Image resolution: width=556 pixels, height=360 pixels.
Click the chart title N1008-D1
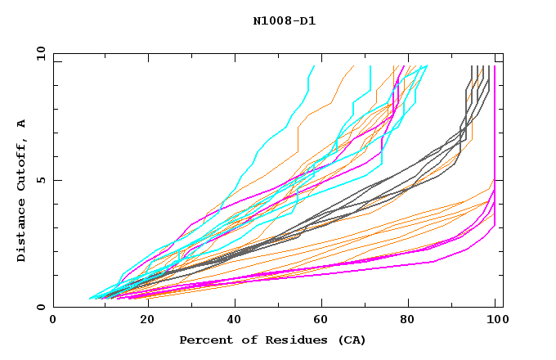[x=285, y=21]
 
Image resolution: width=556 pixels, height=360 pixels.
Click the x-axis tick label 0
[x=53, y=321]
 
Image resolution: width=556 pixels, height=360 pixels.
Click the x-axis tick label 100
[x=495, y=321]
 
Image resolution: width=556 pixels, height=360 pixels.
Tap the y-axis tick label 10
[x=39, y=53]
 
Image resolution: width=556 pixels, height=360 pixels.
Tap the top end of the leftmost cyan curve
[x=314, y=66]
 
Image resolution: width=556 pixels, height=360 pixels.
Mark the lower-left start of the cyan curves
[x=91, y=298]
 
